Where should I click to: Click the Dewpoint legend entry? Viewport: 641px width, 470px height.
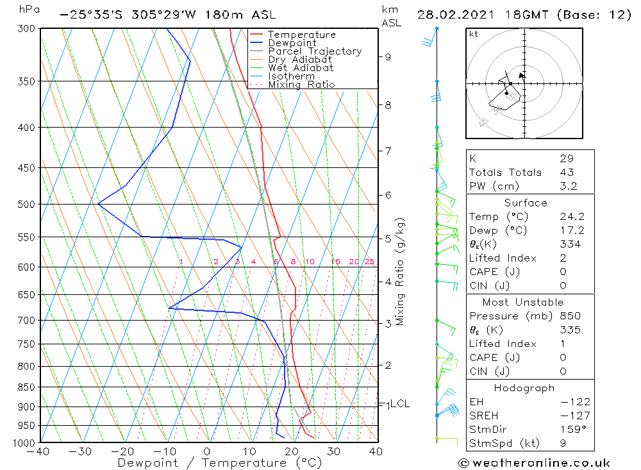point(292,43)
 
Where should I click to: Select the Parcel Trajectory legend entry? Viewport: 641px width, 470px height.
point(315,51)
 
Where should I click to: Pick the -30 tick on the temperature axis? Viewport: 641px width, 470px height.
point(81,451)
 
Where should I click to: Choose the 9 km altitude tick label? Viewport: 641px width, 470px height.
point(388,56)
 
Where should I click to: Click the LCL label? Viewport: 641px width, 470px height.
point(399,404)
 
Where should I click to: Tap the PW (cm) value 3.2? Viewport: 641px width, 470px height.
point(568,187)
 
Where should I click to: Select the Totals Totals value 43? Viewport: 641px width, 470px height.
point(567,172)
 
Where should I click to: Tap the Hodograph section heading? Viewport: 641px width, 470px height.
point(524,388)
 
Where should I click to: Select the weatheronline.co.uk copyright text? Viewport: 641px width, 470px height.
point(533,463)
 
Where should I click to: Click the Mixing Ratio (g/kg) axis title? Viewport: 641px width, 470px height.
point(401,271)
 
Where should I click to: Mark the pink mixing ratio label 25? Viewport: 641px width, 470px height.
point(369,262)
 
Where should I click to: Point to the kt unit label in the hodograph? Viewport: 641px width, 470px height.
point(474,34)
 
